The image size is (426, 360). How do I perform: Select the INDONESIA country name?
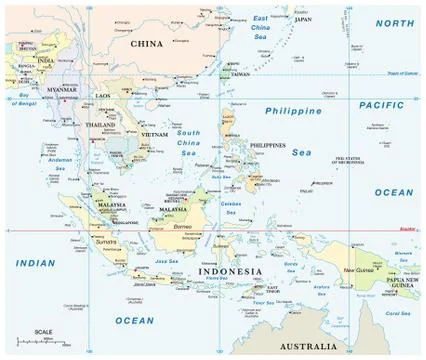coord(230,271)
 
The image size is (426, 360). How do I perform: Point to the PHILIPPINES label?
coord(268,145)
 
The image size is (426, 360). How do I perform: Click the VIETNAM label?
coord(154,134)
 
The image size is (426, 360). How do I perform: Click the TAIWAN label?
coord(240,74)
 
